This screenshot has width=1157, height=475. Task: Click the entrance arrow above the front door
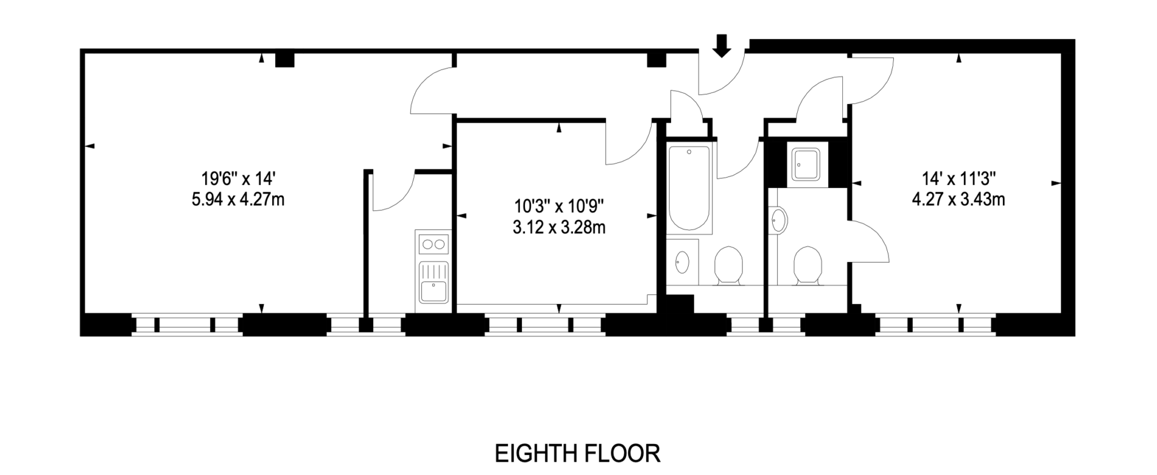(x=722, y=46)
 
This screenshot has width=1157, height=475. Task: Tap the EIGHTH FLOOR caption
(x=577, y=454)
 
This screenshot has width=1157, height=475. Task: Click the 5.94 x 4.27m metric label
(x=238, y=199)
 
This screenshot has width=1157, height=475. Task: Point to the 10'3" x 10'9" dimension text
(x=559, y=207)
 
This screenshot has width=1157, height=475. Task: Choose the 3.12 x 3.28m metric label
(x=559, y=227)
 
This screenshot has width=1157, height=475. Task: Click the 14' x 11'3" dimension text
(x=958, y=179)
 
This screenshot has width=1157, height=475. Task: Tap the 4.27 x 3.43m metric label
(x=958, y=199)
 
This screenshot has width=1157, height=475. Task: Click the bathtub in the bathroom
(x=689, y=189)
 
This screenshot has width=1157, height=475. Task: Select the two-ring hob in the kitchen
(x=433, y=244)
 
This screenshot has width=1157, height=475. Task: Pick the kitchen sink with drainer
(x=433, y=282)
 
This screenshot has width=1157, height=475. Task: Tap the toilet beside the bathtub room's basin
(x=728, y=265)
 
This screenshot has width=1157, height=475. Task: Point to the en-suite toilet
(x=807, y=265)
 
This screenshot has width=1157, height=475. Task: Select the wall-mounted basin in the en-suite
(x=779, y=220)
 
